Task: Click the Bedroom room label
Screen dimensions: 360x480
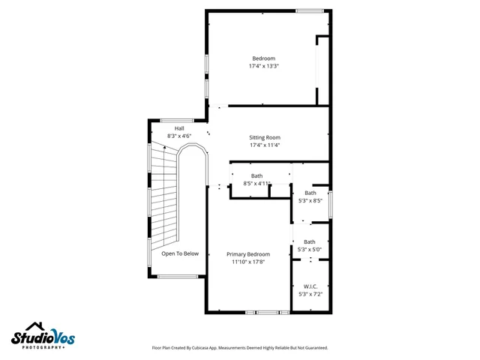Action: pos(263,58)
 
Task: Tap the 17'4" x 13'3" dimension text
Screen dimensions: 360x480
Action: pos(263,67)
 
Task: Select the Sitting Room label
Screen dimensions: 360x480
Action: pos(265,137)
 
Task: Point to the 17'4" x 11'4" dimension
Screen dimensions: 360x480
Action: pos(265,145)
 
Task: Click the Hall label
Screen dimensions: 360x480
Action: pos(179,128)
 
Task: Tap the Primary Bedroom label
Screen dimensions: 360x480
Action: pos(248,254)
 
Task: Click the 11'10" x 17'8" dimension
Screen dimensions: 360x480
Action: pos(248,262)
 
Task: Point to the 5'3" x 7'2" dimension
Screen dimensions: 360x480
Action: pos(310,294)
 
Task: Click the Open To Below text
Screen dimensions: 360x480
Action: pos(180,253)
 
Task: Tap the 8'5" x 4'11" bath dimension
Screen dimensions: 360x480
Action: pos(257,184)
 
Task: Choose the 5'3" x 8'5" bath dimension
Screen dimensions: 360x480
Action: pos(310,201)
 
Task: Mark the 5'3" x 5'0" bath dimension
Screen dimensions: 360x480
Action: pos(310,250)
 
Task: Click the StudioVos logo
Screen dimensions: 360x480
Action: pos(43,337)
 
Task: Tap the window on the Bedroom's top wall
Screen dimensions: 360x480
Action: pos(309,10)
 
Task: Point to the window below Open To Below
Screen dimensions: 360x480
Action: pos(178,277)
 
